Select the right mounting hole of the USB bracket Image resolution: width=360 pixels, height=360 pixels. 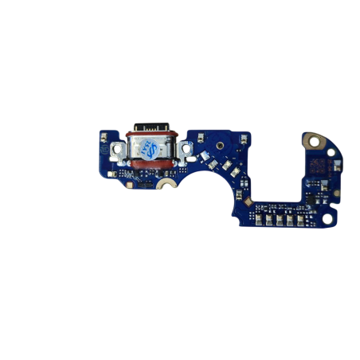point(185,147)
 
